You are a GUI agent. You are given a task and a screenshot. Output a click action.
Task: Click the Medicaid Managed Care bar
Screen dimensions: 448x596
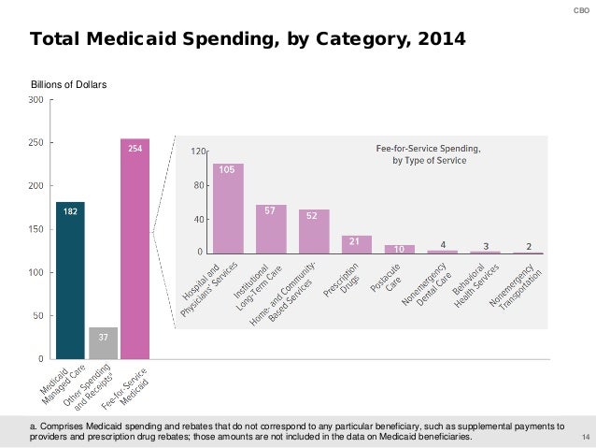pos(70,281)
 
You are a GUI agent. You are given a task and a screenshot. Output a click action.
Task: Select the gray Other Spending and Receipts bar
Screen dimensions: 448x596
pos(103,343)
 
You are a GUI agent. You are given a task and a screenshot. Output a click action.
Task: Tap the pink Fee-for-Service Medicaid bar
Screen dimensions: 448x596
pos(135,253)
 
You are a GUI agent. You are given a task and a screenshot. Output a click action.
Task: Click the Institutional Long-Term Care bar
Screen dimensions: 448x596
pos(271,230)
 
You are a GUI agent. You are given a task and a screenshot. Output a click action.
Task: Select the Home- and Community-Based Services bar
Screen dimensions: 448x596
pos(314,232)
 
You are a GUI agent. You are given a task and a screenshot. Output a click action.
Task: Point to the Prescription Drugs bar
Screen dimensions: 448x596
pos(357,245)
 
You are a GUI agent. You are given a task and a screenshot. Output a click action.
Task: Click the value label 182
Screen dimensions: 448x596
pos(70,212)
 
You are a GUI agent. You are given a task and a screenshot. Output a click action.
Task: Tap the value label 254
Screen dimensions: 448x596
pos(135,148)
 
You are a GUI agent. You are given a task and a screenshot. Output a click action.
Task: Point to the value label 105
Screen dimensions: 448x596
pos(227,170)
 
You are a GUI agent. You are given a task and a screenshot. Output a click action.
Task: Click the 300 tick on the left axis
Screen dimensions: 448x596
pos(35,99)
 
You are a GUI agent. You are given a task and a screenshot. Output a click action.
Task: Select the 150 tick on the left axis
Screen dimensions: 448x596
pos(35,229)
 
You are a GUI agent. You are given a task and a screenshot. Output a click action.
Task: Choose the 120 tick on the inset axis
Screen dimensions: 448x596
pos(198,151)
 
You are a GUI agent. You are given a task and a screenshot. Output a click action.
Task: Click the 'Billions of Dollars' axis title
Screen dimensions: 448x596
pos(70,85)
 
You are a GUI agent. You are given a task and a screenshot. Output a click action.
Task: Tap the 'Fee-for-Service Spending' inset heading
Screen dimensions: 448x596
pos(428,148)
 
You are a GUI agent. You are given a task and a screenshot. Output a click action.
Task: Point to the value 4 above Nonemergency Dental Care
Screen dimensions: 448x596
pos(443,245)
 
